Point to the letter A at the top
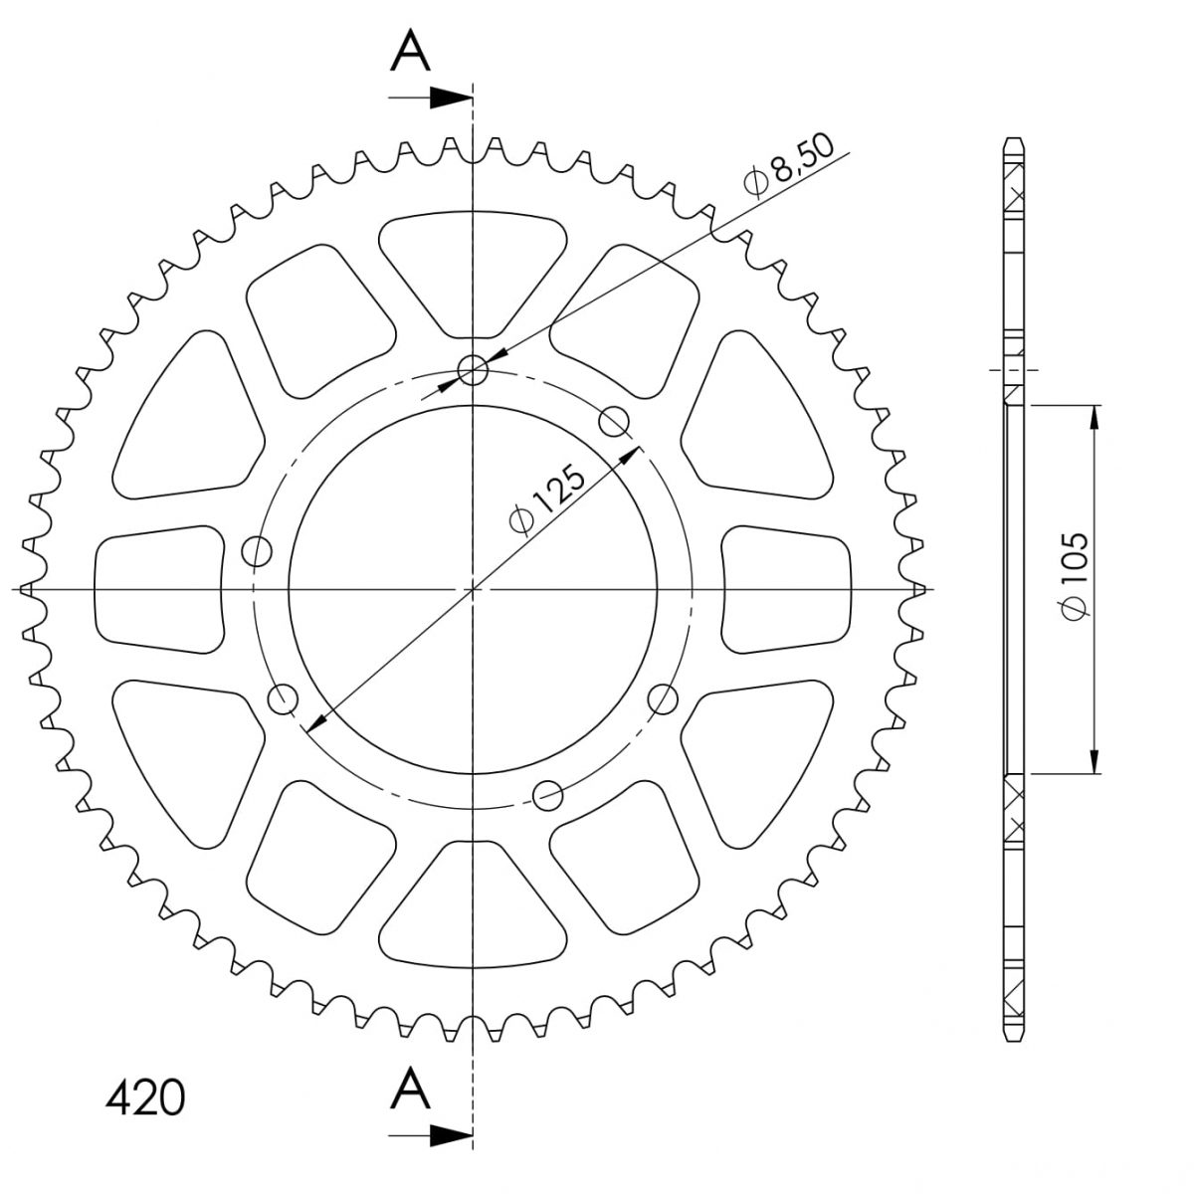coord(410,52)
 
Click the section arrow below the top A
coord(430,98)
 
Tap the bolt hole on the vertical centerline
coord(473,370)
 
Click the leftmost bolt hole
coord(257,550)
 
